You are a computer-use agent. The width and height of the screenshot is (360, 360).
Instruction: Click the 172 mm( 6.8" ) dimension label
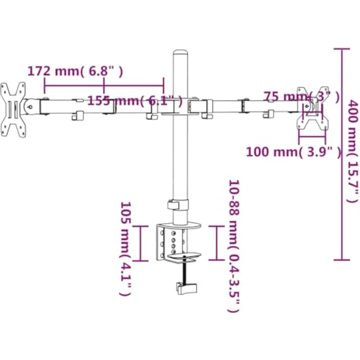(75, 71)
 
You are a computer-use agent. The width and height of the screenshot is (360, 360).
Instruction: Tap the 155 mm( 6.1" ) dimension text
(135, 101)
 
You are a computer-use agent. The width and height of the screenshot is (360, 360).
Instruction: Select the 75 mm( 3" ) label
(301, 97)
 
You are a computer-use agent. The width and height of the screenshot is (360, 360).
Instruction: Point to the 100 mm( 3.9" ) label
(293, 152)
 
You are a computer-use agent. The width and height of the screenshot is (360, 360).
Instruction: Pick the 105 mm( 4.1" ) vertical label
(126, 248)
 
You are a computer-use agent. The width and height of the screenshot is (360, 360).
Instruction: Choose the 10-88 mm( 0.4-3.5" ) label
(234, 246)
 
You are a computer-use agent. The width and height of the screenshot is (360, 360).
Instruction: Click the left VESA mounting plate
(13, 110)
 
